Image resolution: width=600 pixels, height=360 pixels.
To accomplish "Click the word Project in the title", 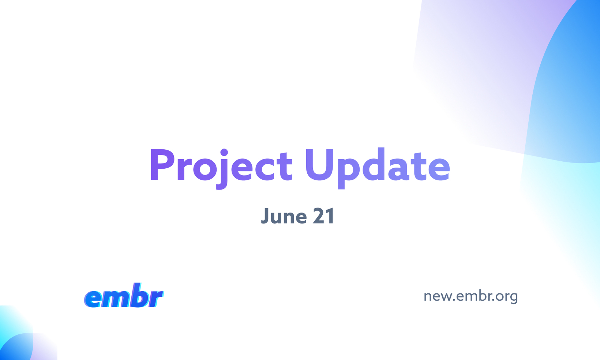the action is point(221,168).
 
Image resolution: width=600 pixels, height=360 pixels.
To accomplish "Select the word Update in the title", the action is point(378,168).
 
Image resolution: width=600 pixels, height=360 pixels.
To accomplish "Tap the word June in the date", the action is point(284,215).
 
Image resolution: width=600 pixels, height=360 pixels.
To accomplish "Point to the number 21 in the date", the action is point(323,215).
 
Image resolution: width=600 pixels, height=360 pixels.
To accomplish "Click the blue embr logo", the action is point(124,296).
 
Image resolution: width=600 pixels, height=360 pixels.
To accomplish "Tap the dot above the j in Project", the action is point(224,153).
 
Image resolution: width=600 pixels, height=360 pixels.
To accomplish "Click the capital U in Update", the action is point(319,165).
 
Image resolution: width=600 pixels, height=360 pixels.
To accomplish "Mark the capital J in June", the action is point(265,216).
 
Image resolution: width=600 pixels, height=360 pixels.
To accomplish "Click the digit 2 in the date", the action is point(319,215).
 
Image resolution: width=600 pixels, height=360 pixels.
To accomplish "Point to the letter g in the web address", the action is point(513,298).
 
